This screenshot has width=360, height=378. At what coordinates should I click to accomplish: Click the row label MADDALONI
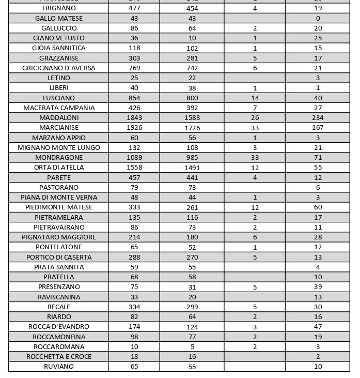click(x=59, y=117)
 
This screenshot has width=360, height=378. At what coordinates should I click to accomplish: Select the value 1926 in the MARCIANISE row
click(x=134, y=127)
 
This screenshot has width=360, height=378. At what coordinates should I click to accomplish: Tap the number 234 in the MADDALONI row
click(x=318, y=117)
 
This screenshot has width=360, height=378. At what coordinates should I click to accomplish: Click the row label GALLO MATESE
click(x=59, y=18)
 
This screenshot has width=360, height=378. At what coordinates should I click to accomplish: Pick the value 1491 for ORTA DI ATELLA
click(x=192, y=168)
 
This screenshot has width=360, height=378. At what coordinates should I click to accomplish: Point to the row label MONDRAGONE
click(x=59, y=157)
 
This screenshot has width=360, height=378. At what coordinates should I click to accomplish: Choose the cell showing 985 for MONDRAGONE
click(x=192, y=157)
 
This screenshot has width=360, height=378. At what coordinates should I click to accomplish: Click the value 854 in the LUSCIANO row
click(x=134, y=98)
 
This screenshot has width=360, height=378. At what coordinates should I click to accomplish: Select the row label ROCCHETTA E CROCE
click(x=59, y=356)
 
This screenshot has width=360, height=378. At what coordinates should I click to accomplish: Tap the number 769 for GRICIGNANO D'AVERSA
click(x=134, y=68)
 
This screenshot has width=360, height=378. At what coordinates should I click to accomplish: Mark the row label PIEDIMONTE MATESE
click(x=59, y=207)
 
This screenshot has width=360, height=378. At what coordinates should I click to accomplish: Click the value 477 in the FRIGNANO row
click(x=134, y=8)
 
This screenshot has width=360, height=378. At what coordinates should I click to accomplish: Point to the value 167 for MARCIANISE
click(x=318, y=127)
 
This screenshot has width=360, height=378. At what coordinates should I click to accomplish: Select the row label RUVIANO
click(x=59, y=366)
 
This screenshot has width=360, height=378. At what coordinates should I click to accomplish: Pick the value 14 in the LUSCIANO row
click(x=255, y=98)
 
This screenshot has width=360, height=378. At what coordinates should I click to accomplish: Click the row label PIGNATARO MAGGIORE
click(x=59, y=237)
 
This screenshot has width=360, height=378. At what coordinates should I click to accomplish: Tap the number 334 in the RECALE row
click(x=134, y=307)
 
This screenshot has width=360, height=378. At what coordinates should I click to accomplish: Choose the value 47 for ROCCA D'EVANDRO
click(x=318, y=326)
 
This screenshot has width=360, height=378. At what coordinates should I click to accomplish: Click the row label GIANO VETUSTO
click(x=59, y=38)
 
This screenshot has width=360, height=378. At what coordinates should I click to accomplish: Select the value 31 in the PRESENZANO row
click(x=192, y=286)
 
